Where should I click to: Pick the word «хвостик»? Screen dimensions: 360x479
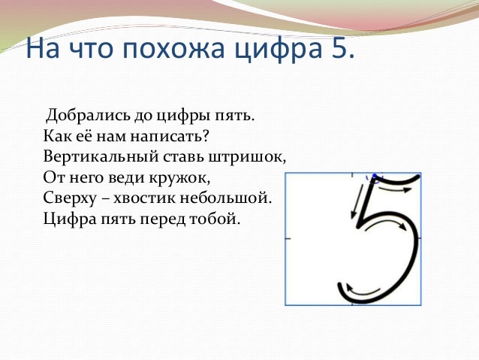point(150,200)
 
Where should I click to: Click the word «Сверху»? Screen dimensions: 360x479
point(69,200)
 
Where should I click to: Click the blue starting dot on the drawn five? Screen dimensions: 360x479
point(372,177)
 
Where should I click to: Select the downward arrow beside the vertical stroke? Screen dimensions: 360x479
point(355,203)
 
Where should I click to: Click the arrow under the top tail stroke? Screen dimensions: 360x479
point(393,191)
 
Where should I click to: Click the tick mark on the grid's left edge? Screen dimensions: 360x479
point(288,238)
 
